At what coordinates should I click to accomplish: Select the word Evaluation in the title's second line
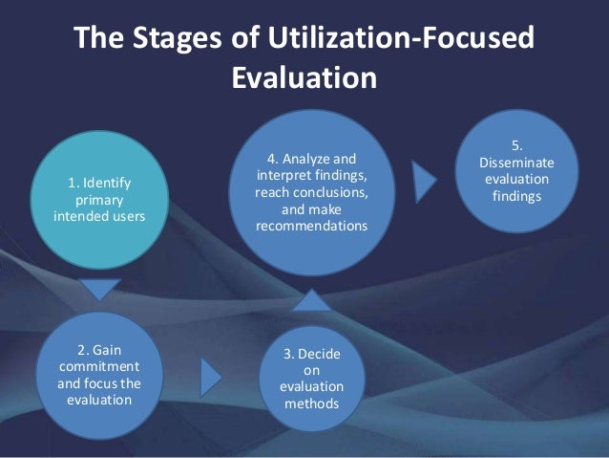pos(304,77)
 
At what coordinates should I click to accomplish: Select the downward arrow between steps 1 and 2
pos(99,288)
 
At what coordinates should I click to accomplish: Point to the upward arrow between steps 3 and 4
pos(310,302)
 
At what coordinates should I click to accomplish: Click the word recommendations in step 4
pos(311,227)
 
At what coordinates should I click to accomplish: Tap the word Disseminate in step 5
pos(515,163)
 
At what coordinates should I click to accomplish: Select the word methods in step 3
pos(310,403)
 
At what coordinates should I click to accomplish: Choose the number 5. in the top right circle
pos(515,145)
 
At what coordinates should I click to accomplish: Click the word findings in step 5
pos(515,197)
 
